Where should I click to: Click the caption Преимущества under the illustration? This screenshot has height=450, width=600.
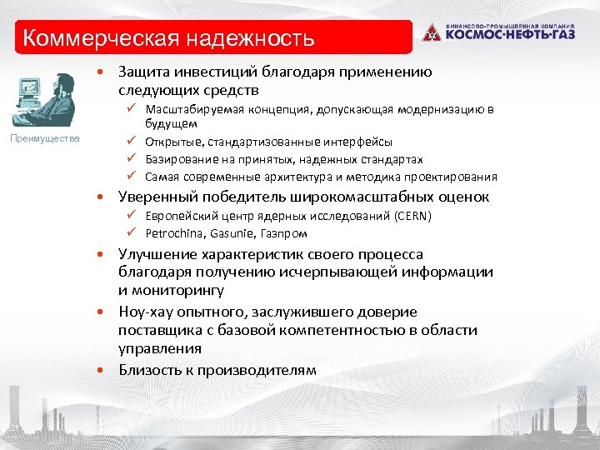(45, 137)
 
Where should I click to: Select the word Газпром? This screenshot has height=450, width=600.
(284, 233)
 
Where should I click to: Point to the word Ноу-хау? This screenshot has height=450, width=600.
(147, 312)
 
